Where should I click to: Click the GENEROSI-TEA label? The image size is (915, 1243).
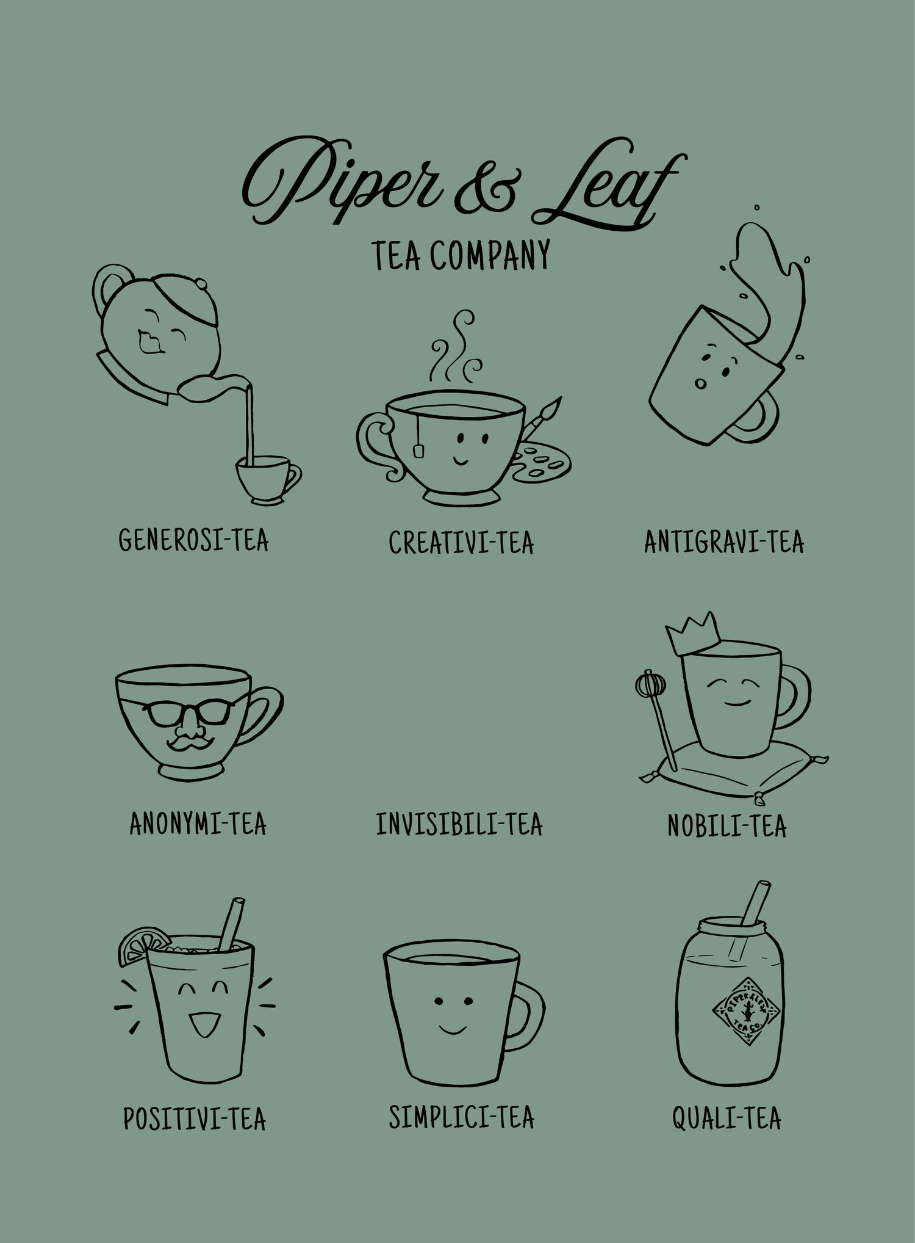point(193,540)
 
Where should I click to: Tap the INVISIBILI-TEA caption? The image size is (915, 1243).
point(459,824)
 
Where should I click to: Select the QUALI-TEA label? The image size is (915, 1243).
point(727,1118)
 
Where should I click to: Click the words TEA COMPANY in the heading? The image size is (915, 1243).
point(461,255)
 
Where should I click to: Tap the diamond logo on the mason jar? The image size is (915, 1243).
point(747,1012)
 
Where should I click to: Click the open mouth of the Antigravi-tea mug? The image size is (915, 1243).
point(700,383)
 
